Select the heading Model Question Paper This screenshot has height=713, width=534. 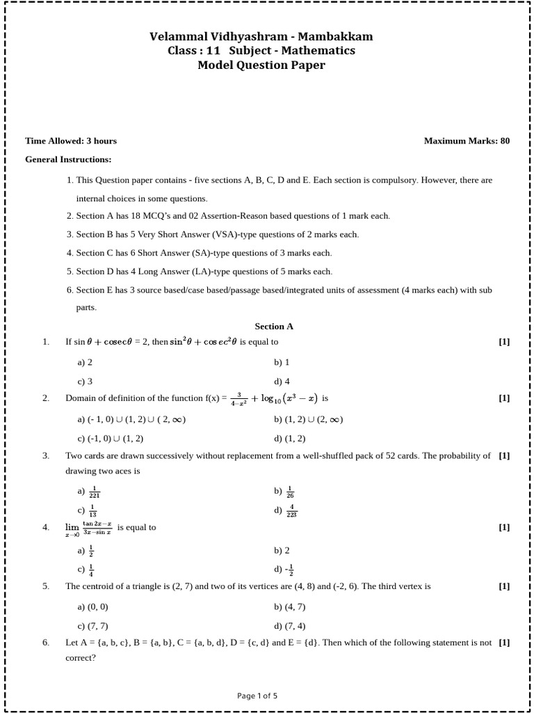click(261, 65)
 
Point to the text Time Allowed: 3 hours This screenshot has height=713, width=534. click(71, 141)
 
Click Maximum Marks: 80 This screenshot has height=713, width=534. click(467, 141)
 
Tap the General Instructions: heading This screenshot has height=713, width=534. click(68, 159)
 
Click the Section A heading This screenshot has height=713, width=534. click(274, 326)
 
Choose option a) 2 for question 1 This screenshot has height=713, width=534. click(85, 362)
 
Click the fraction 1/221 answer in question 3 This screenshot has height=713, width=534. click(95, 492)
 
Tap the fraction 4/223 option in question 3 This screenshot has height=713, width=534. click(291, 511)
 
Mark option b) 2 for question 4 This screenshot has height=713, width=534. click(282, 550)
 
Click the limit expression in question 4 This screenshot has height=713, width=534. click(89, 528)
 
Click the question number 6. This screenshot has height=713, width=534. click(46, 643)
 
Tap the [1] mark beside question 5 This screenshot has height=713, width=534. click(504, 586)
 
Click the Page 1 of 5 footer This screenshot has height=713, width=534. click(257, 696)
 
